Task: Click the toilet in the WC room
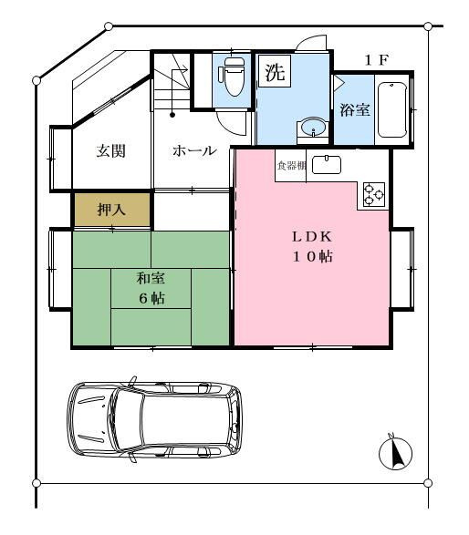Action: [x=234, y=76]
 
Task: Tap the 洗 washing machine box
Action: [x=275, y=71]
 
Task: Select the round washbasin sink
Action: [x=313, y=127]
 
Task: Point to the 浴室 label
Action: [x=355, y=110]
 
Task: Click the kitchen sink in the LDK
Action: [x=327, y=164]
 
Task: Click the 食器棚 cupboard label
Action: [x=291, y=166]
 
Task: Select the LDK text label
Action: [x=312, y=237]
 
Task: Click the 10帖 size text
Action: [x=312, y=257]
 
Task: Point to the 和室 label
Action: [x=151, y=278]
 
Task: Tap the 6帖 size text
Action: [x=151, y=298]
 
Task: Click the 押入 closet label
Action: [x=111, y=209]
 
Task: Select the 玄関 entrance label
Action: [x=110, y=150]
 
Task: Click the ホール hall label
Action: [x=194, y=150]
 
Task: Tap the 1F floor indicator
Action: [x=377, y=60]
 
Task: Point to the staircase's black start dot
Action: [x=172, y=115]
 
